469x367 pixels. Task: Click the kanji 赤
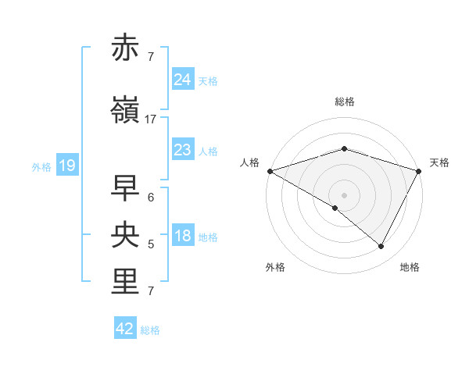click(127, 48)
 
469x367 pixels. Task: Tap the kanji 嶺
click(127, 111)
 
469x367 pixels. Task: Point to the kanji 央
click(127, 235)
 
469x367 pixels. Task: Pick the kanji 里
click(127, 282)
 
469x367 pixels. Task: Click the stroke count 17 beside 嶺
click(151, 119)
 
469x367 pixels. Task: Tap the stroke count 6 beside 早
click(151, 197)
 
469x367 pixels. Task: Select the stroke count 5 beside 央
click(151, 244)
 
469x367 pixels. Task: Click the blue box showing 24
click(182, 80)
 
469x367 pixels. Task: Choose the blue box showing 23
click(182, 150)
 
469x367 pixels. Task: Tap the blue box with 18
click(182, 236)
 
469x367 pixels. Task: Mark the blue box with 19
click(66, 166)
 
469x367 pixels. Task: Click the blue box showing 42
click(125, 329)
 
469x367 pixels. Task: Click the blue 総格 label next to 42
click(150, 330)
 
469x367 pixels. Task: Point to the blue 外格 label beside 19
click(41, 166)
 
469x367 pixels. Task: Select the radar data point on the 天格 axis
click(419, 171)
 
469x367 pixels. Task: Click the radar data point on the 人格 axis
click(270, 171)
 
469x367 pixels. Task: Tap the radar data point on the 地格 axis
click(381, 247)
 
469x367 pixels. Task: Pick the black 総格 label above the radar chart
click(345, 102)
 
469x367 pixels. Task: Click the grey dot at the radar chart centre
click(344, 195)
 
